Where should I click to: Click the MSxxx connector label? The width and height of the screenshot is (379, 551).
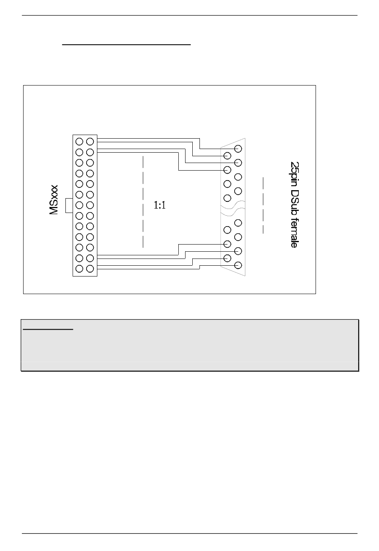click(x=54, y=199)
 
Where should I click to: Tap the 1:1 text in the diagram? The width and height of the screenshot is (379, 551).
click(x=160, y=205)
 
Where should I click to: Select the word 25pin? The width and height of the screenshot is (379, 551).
click(x=294, y=173)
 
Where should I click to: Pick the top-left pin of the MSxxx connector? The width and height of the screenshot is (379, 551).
click(x=79, y=141)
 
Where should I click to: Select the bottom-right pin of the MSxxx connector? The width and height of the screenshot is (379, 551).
click(x=90, y=269)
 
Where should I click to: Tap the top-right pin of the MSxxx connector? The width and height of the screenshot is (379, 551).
click(x=90, y=141)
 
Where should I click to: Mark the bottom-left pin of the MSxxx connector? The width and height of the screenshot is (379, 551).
click(x=79, y=269)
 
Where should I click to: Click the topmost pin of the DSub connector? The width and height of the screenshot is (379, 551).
click(x=239, y=149)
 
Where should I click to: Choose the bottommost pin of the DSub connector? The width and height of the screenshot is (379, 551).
click(x=239, y=265)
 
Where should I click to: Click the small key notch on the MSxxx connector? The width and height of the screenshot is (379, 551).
click(x=69, y=205)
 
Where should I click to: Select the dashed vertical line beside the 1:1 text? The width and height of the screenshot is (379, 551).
click(x=142, y=202)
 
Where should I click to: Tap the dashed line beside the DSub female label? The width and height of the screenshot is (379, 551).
click(x=263, y=205)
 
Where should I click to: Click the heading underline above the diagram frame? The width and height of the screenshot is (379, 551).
click(x=127, y=45)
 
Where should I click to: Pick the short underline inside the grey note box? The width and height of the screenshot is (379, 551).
click(x=48, y=330)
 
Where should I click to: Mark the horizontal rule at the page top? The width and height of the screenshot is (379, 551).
click(x=189, y=16)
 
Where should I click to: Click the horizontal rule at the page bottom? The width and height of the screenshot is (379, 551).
click(x=189, y=533)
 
